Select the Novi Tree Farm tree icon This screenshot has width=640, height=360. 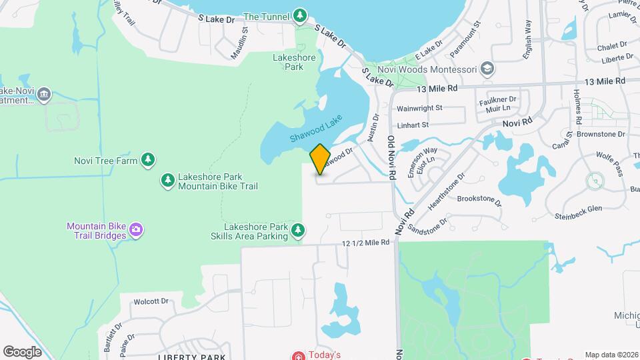tap(148, 160)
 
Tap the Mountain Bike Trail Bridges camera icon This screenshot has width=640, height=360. tap(136, 231)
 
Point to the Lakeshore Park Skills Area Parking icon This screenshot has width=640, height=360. tap(299, 231)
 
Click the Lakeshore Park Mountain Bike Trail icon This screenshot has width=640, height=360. tap(167, 180)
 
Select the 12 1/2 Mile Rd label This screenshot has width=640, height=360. tap(365, 243)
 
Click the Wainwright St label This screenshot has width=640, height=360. tap(419, 107)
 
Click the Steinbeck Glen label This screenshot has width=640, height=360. tap(578, 209)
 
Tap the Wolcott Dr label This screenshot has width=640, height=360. tap(151, 301)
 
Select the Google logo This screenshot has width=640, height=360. tap(23, 351)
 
